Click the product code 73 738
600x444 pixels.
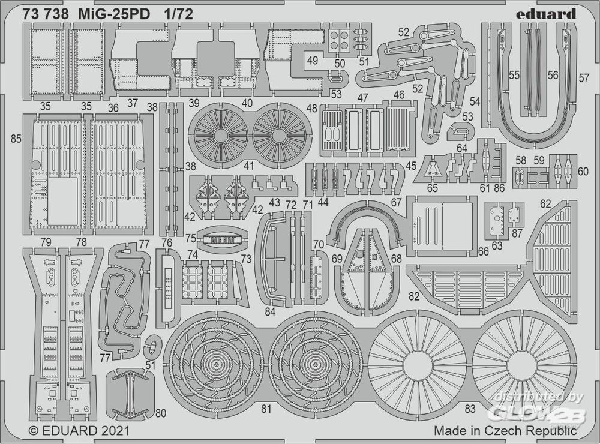[x=46, y=14]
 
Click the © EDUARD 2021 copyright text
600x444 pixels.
[x=80, y=431]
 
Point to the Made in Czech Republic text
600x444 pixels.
[x=505, y=431]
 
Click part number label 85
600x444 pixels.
[x=16, y=139]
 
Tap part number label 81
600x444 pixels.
[x=266, y=409]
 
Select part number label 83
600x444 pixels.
[x=470, y=409]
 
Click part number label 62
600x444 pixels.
[x=545, y=203]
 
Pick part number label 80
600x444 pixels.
[x=161, y=413]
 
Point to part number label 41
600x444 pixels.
[x=249, y=166]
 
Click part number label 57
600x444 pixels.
[x=584, y=78]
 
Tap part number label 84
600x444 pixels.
[x=270, y=312]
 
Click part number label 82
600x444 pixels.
[x=414, y=296]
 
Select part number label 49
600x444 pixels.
[x=312, y=61]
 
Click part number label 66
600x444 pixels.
[x=483, y=251]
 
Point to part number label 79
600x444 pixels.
[x=46, y=242]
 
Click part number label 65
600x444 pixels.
[x=432, y=188]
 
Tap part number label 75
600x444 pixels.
[x=191, y=238]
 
